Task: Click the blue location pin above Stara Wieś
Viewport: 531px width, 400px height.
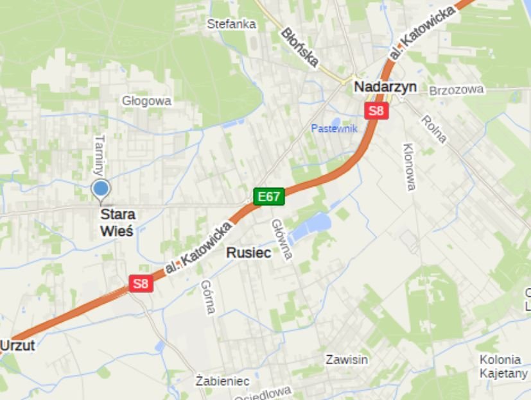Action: pyautogui.click(x=100, y=188)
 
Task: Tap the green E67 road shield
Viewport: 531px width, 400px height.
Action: pyautogui.click(x=268, y=196)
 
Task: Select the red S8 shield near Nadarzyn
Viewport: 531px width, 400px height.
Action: pyautogui.click(x=376, y=110)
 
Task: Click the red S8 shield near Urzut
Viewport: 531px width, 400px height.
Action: pyautogui.click(x=141, y=283)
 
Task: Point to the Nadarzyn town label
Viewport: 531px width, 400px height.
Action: pyautogui.click(x=385, y=87)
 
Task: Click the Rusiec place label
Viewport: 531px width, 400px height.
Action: pyautogui.click(x=248, y=253)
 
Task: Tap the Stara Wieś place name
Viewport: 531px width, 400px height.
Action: pyautogui.click(x=117, y=222)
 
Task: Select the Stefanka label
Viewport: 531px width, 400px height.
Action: pyautogui.click(x=231, y=24)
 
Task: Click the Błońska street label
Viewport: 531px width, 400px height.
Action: pyautogui.click(x=299, y=48)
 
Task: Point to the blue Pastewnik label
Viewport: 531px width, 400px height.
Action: pyautogui.click(x=333, y=128)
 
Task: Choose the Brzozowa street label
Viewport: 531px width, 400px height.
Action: pyautogui.click(x=456, y=90)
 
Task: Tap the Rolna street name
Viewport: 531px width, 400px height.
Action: pyautogui.click(x=434, y=129)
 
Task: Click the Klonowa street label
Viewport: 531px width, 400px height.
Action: pyautogui.click(x=409, y=167)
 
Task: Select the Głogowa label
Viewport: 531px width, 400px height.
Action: pyautogui.click(x=146, y=101)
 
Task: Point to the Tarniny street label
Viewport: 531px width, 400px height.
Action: pyautogui.click(x=99, y=155)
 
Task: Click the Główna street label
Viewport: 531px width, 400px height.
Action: pyautogui.click(x=282, y=240)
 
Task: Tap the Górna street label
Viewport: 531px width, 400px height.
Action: pyautogui.click(x=207, y=297)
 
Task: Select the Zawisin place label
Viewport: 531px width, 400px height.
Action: pyautogui.click(x=347, y=359)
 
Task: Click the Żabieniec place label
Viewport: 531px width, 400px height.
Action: pyautogui.click(x=222, y=381)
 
